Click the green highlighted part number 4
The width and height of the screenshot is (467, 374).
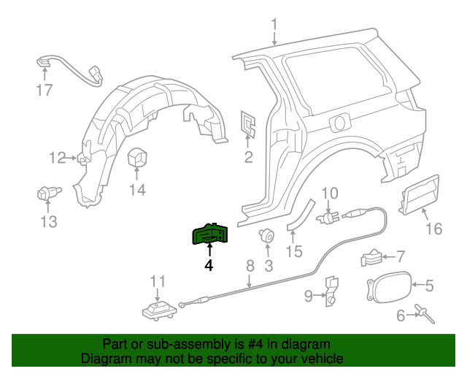[x=209, y=234]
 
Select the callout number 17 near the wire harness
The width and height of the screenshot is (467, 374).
[x=45, y=91]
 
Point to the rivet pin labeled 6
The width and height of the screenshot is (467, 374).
[x=425, y=315]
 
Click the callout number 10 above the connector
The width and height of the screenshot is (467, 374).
[x=330, y=194]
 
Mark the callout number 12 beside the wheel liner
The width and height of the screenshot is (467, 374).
[x=58, y=157]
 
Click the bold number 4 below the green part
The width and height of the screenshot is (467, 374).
[x=209, y=266]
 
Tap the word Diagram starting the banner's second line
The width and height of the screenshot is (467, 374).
[x=104, y=359]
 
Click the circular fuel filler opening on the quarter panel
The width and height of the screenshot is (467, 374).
[x=340, y=122]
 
